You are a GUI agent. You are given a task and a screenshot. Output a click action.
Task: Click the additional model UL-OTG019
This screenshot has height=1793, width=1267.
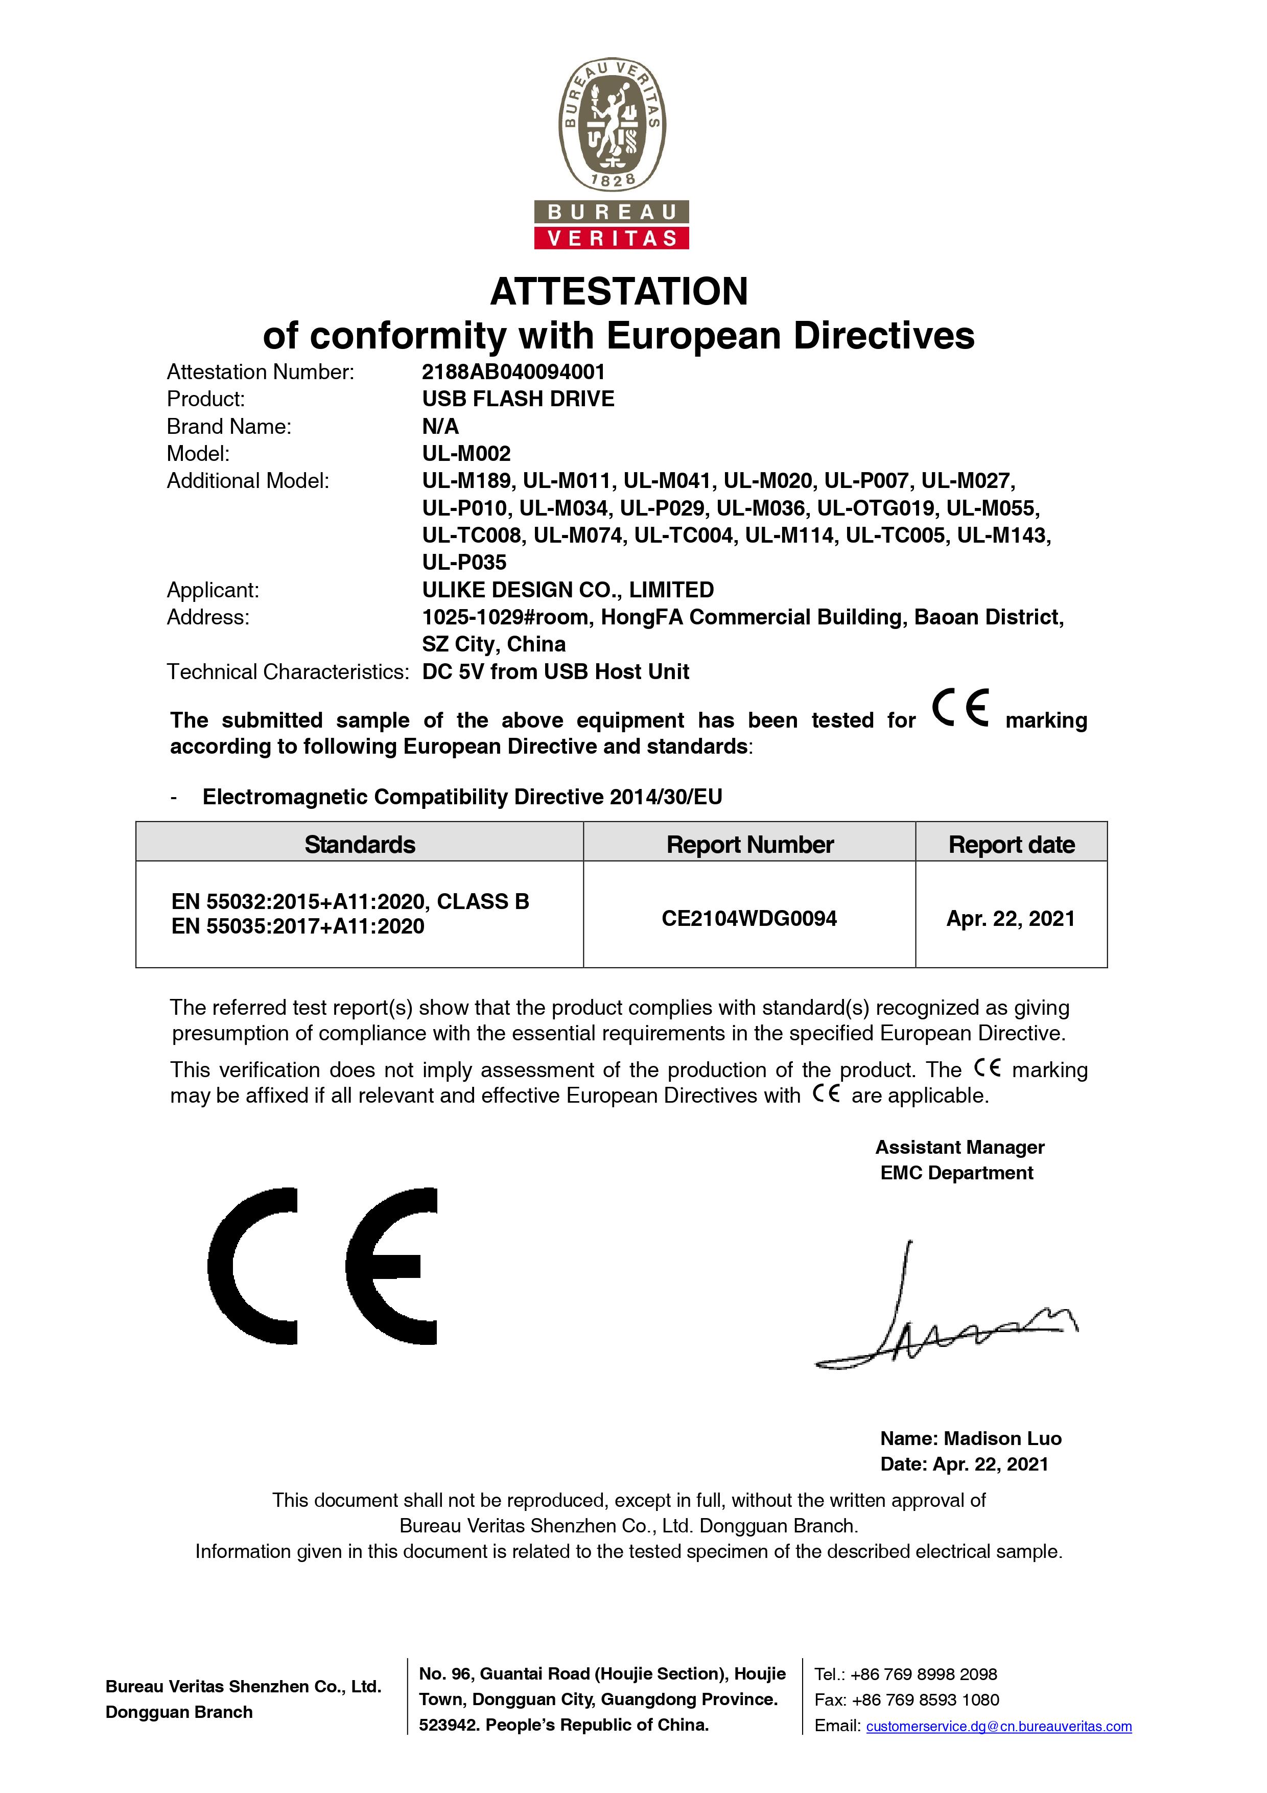875,508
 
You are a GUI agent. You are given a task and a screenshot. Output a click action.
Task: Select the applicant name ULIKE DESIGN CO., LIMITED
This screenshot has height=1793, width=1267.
568,590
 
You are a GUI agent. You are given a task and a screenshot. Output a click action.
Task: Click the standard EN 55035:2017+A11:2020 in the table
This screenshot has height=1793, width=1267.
297,926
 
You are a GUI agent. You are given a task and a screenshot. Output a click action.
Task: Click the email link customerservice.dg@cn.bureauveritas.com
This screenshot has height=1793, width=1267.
998,1727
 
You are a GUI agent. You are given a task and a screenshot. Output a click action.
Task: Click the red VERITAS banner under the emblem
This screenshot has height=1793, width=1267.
611,238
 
